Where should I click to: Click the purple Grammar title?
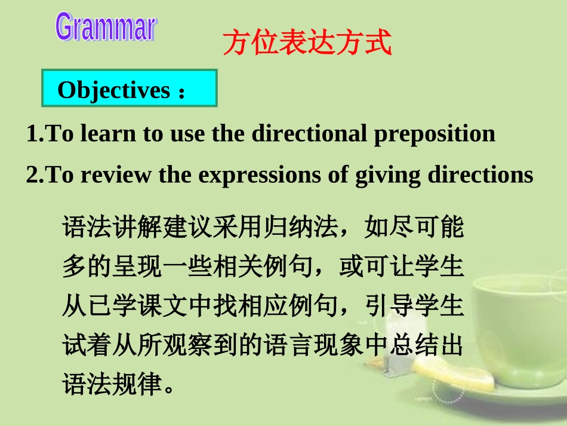point(106,27)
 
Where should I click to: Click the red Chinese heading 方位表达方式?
point(307,44)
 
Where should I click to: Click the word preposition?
point(435,134)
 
